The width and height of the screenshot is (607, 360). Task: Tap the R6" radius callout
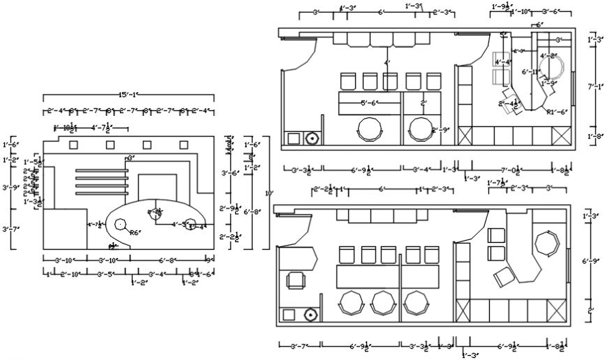pyautogui.click(x=135, y=232)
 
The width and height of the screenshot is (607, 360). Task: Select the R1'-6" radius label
pyautogui.click(x=557, y=112)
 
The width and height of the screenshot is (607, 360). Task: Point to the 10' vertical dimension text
pyautogui.click(x=270, y=192)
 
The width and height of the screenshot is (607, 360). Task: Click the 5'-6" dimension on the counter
pyautogui.click(x=369, y=103)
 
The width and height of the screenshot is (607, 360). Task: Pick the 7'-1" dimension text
pyautogui.click(x=595, y=87)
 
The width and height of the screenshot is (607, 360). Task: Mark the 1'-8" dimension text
pyautogui.click(x=595, y=137)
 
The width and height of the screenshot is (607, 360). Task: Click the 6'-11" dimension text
pyautogui.click(x=530, y=72)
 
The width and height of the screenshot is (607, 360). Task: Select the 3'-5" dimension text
pyautogui.click(x=105, y=273)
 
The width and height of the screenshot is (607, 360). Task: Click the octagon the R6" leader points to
pyautogui.click(x=120, y=225)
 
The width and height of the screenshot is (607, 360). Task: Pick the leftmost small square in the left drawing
pyautogui.click(x=73, y=145)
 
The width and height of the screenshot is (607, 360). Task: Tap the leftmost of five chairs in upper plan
pyautogui.click(x=348, y=82)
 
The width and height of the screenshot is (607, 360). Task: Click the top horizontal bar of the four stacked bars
pyautogui.click(x=103, y=170)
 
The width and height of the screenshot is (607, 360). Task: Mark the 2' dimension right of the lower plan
pyautogui.click(x=591, y=309)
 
